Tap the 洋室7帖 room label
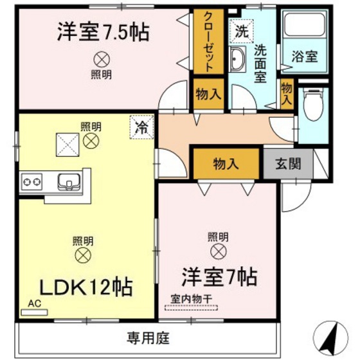point(220,278)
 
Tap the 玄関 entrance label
point(287,164)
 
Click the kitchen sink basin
point(67,182)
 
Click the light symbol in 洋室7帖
point(217,251)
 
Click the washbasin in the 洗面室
point(237,59)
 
